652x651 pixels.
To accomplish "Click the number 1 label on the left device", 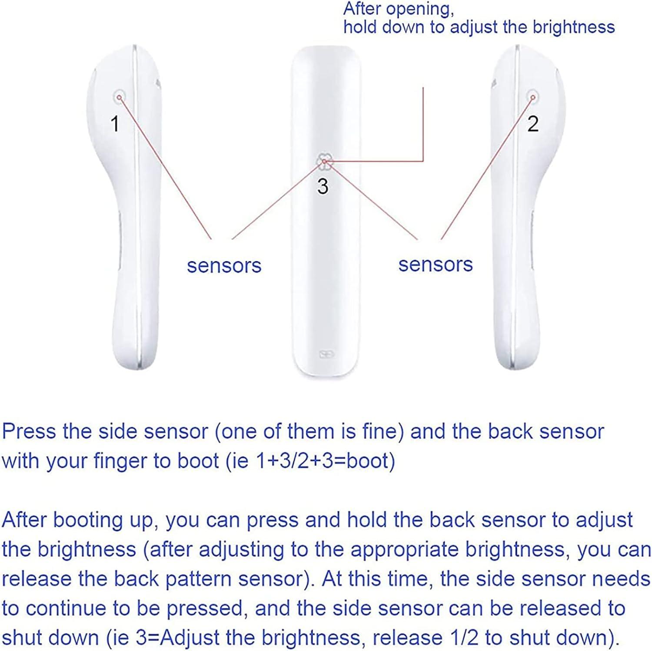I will pos(115,124).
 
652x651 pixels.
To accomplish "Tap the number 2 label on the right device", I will pos(533,124).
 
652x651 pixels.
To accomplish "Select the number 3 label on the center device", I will pos(323,187).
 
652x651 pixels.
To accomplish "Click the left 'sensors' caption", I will pos(224,265).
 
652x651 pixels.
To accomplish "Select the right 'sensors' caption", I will pos(435,264).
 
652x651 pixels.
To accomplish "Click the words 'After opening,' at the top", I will pos(398,9).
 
